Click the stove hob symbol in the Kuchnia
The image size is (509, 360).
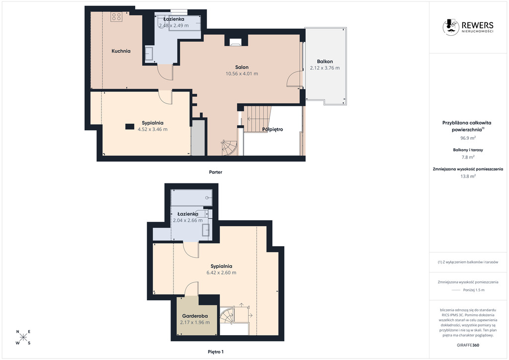pyautogui.click(x=116, y=17)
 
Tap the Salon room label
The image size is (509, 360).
pyautogui.click(x=242, y=67)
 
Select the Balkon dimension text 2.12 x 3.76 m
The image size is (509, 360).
pyautogui.click(x=325, y=68)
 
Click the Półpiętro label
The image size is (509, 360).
pyautogui.click(x=273, y=129)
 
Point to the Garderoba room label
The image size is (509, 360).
pyautogui.click(x=195, y=316)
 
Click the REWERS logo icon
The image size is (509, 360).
pyautogui.click(x=451, y=27)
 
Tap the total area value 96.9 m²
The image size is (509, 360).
pyautogui.click(x=468, y=138)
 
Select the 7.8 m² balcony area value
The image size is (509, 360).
pyautogui.click(x=468, y=157)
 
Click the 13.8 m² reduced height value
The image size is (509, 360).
pyautogui.click(x=468, y=176)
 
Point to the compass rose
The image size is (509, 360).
pyautogui.click(x=23, y=337)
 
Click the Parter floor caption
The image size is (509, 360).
pyautogui.click(x=216, y=172)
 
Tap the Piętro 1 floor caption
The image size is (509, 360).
pyautogui.click(x=216, y=352)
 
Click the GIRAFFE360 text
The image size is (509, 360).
pyautogui.click(x=468, y=345)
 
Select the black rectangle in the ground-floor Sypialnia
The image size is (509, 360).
pyautogui.click(x=130, y=127)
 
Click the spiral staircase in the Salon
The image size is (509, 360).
pyautogui.click(x=229, y=148)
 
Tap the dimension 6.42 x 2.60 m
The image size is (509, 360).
pyautogui.click(x=221, y=272)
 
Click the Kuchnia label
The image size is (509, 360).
pyautogui.click(x=121, y=51)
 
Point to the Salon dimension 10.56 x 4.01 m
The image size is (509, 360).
pyautogui.click(x=242, y=74)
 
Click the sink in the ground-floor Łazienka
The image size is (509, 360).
pyautogui.click(x=149, y=54)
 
